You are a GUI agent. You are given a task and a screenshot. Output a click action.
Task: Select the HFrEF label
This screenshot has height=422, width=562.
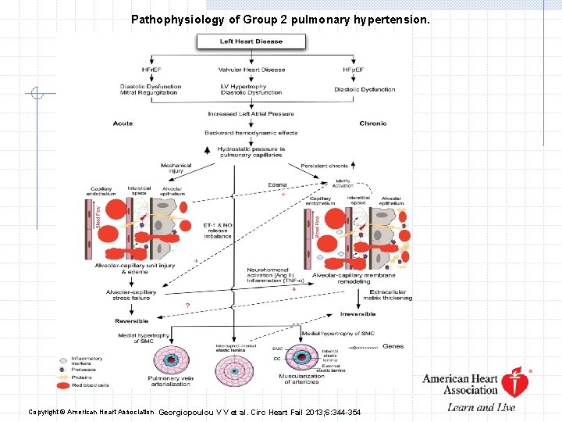(130, 70)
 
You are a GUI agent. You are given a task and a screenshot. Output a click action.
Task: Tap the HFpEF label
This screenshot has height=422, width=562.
(352, 70)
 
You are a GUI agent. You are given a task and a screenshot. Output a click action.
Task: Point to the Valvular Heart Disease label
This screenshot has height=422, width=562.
(251, 70)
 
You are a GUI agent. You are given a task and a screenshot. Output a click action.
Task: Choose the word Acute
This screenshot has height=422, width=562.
(123, 124)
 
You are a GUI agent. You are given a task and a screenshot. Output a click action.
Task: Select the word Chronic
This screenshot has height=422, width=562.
(373, 124)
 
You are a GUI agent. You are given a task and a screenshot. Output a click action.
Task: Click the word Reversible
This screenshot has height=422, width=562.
(131, 321)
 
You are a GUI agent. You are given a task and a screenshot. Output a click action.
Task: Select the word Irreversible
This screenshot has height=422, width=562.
(357, 314)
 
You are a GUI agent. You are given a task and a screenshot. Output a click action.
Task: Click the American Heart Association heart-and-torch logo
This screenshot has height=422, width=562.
(514, 383)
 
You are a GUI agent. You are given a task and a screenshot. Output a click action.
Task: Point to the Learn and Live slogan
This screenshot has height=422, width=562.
(481, 407)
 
